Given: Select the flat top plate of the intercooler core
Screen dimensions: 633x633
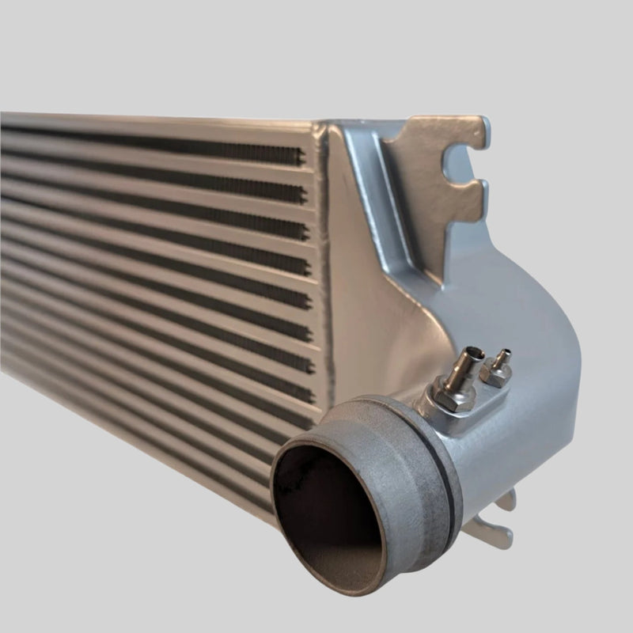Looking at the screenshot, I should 158,119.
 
